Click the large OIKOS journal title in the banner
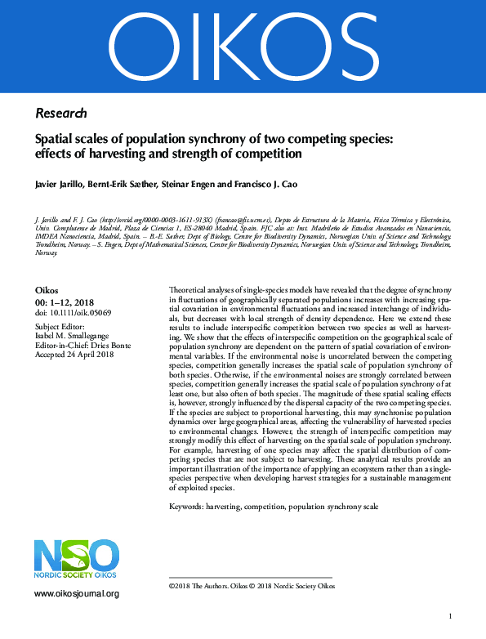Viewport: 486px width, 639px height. pos(243,41)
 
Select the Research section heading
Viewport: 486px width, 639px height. pos(61,113)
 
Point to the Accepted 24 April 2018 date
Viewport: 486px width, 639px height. pos(73,355)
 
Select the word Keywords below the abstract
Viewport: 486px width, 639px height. pos(185,507)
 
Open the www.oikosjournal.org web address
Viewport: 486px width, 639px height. pos(77,594)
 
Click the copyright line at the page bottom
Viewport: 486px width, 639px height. pos(252,586)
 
